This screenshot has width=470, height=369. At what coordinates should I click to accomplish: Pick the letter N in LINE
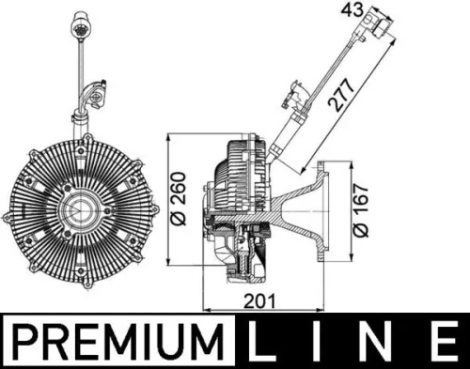coord(379,341)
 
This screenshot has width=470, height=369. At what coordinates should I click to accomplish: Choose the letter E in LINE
coord(442,341)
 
